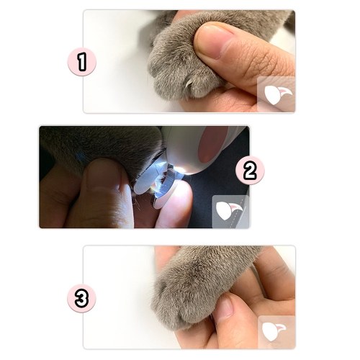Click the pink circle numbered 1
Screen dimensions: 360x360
click(82, 62)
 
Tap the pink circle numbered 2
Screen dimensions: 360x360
click(250, 170)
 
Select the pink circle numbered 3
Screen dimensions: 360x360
click(81, 298)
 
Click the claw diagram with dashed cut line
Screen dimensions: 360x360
click(230, 211)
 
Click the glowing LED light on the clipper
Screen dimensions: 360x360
click(181, 171)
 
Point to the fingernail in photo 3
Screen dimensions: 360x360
click(226, 307)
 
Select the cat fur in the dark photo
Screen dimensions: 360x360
click(101, 146)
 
